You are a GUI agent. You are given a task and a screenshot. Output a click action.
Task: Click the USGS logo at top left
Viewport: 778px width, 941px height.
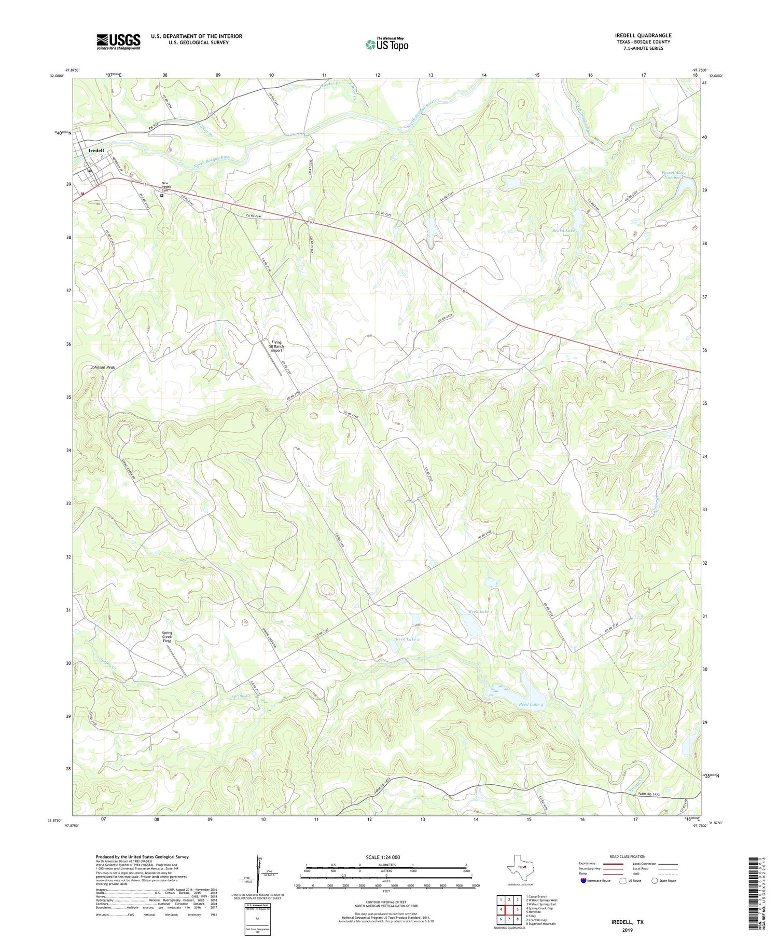click(118, 42)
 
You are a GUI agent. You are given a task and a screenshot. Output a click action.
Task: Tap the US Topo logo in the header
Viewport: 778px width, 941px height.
click(387, 44)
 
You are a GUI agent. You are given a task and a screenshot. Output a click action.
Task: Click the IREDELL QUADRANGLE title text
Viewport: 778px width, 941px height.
click(643, 35)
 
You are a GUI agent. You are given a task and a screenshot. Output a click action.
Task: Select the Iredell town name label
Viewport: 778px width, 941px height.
click(96, 151)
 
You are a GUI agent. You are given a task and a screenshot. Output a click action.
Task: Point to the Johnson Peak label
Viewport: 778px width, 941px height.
click(103, 367)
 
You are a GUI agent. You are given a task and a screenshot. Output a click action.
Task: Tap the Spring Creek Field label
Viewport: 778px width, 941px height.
click(167, 637)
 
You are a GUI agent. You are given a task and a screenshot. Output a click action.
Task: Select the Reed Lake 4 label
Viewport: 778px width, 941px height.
click(531, 704)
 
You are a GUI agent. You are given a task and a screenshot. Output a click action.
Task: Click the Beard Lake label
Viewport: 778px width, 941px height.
click(563, 230)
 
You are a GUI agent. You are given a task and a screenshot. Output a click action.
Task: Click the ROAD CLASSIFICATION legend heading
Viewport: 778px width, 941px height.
click(628, 856)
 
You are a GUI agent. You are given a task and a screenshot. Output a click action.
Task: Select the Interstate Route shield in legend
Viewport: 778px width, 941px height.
click(584, 881)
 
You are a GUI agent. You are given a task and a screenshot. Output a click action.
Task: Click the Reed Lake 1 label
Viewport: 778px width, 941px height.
click(480, 612)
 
